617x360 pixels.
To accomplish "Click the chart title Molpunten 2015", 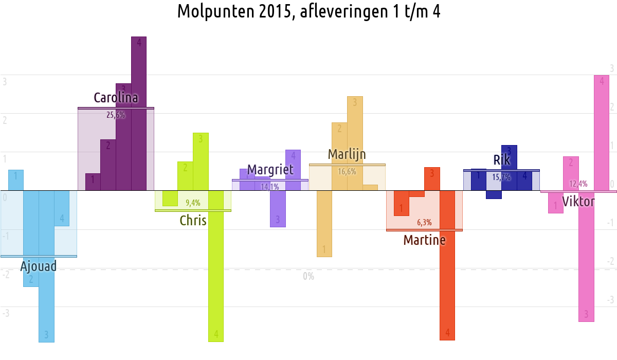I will tap(308, 11).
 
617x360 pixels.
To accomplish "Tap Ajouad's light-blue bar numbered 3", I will tap(46, 288).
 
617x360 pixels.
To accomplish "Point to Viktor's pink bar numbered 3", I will tap(586, 267).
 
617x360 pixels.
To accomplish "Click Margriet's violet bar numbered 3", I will tap(278, 211).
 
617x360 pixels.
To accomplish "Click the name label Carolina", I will tap(116, 98).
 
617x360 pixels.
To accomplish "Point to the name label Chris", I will tap(193, 221).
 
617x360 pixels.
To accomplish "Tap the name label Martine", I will tap(424, 240).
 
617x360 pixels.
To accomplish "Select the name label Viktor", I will tap(578, 201).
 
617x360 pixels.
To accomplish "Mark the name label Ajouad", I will tap(38, 266).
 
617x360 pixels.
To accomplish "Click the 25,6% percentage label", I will tap(116, 115).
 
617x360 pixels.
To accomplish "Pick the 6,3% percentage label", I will tap(424, 223).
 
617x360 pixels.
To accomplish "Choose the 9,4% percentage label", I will tap(193, 203).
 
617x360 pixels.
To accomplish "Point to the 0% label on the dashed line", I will tap(308, 276).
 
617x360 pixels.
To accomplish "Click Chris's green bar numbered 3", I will tap(201, 165).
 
